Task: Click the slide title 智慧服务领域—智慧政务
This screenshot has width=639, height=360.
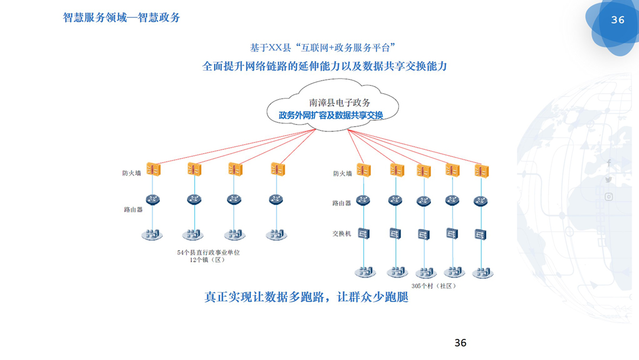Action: (121, 17)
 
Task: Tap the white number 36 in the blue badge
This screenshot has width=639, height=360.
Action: (618, 20)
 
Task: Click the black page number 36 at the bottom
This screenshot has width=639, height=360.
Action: (460, 343)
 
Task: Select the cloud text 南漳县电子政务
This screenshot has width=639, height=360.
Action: (340, 102)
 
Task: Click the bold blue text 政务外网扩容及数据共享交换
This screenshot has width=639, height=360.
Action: (330, 115)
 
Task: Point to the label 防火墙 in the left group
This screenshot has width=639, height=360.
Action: (132, 173)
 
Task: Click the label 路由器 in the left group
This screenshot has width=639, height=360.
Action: (133, 210)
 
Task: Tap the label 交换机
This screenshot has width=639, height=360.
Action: (342, 233)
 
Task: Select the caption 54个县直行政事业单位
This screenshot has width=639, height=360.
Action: (208, 252)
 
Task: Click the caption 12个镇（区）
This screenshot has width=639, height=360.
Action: (207, 260)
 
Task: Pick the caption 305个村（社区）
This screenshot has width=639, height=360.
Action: (434, 286)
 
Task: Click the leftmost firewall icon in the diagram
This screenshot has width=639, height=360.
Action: (153, 169)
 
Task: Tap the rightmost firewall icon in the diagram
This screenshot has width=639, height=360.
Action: (481, 171)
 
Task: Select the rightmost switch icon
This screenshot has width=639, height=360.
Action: (480, 234)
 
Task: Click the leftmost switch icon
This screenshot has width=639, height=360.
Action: (363, 233)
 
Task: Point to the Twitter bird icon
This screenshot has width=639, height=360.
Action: (609, 180)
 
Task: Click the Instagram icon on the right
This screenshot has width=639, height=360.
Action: (609, 197)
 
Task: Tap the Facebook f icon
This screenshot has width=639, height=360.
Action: (609, 162)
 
